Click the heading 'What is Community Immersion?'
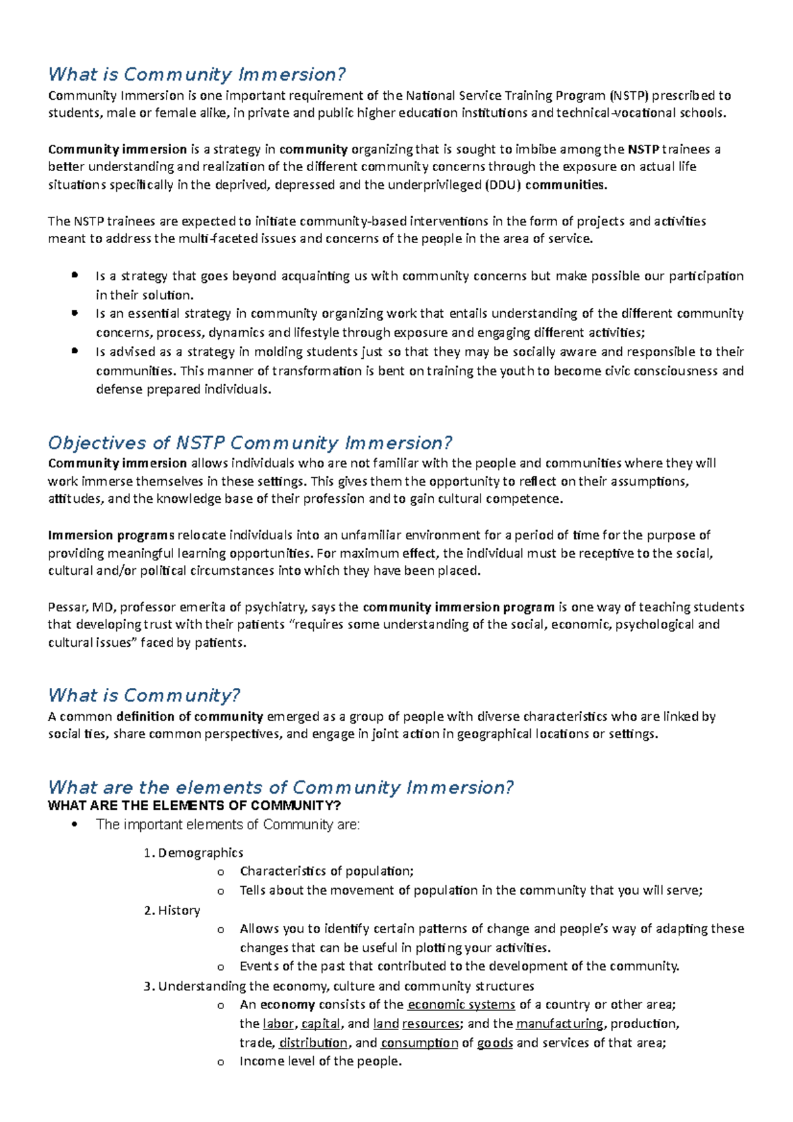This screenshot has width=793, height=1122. click(x=197, y=74)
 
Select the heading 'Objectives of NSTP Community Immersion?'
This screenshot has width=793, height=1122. click(x=250, y=443)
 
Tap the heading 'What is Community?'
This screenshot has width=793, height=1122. click(x=143, y=695)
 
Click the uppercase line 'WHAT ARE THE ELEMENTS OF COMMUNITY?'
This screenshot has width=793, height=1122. click(x=194, y=805)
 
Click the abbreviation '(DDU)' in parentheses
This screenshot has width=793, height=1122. click(x=503, y=185)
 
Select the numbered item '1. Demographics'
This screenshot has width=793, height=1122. click(x=193, y=852)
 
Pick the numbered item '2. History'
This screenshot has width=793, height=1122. click(x=172, y=910)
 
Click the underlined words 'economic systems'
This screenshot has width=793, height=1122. click(x=461, y=1004)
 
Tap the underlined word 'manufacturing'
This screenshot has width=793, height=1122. click(x=559, y=1024)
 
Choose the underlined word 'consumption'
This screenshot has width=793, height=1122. click(x=419, y=1043)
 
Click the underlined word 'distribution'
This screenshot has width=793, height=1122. click(x=313, y=1043)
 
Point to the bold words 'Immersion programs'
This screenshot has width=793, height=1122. click(x=111, y=535)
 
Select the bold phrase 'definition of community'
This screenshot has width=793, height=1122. click(x=190, y=716)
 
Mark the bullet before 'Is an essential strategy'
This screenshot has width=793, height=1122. click(x=75, y=313)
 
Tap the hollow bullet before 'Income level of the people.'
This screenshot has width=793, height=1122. click(x=221, y=1062)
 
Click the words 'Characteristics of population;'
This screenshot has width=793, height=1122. click(x=326, y=871)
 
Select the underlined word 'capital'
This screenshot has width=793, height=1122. click(x=321, y=1024)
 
